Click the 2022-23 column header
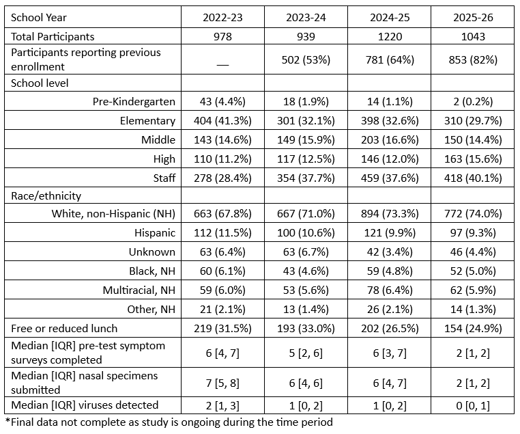pos(222,17)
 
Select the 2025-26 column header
pos(473,17)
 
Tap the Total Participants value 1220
pos(390,36)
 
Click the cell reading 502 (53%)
pos(306,59)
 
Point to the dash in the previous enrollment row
pos(222,64)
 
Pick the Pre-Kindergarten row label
pos(134,101)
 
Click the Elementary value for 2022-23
pos(222,120)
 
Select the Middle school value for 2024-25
pos(390,140)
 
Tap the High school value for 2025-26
pos(473,159)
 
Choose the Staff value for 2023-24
pos(306,178)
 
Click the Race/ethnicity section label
pos(46,196)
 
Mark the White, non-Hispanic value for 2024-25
pos(390,213)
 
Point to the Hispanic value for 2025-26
pos(473,233)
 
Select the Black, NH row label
pos(152,271)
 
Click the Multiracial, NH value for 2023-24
pos(306,290)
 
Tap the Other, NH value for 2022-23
pos(222,310)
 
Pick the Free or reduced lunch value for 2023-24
pos(306,329)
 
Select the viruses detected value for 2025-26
pos(473,405)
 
